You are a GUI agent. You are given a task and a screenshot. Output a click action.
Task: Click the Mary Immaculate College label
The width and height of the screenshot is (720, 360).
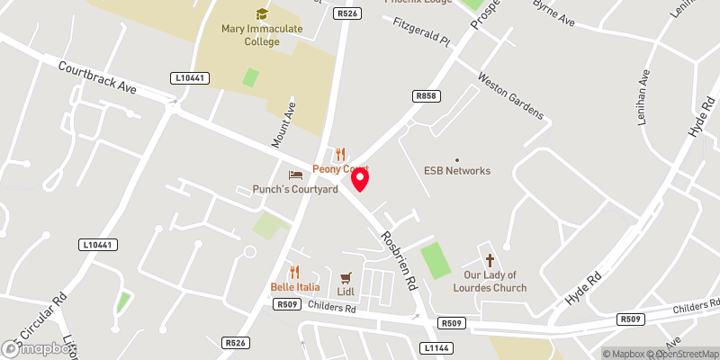click(262, 35)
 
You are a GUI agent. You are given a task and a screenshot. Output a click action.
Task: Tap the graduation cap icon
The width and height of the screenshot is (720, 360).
click(262, 14)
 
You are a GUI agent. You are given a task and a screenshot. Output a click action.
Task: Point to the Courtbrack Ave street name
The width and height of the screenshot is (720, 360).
click(96, 77)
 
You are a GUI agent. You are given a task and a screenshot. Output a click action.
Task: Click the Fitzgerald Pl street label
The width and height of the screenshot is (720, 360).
click(420, 31)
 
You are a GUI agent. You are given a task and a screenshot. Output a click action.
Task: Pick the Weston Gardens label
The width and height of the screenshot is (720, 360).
click(511, 96)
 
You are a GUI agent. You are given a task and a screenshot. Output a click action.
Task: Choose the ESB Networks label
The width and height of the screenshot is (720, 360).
click(457, 170)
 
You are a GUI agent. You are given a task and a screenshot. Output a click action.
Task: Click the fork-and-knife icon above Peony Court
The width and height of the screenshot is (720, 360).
click(340, 155)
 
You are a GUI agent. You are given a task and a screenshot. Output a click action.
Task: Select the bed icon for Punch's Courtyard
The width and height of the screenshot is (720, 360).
click(295, 175)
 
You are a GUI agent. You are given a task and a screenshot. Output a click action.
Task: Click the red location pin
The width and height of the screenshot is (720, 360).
click(359, 179)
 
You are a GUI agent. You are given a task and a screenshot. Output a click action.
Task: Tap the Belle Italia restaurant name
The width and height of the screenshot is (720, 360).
click(294, 287)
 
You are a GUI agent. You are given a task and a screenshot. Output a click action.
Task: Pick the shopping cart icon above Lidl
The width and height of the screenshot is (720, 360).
click(345, 276)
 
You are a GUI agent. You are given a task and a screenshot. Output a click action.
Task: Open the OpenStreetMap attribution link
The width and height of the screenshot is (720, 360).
click(682, 354)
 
